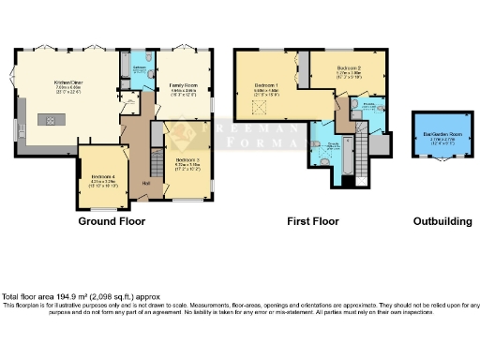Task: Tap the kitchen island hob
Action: (x=44, y=119)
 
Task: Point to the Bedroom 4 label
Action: (x=103, y=179)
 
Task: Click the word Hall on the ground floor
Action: (x=145, y=183)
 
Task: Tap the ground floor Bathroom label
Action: (x=138, y=69)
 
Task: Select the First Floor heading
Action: (x=312, y=222)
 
